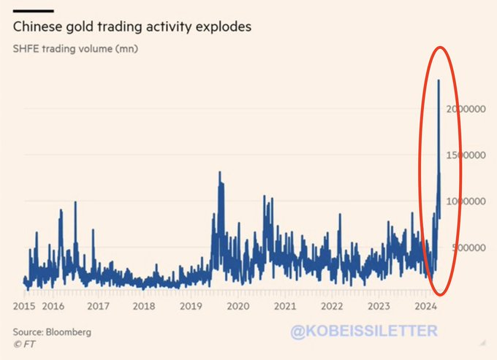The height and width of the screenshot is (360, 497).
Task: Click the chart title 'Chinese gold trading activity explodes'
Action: (132, 27)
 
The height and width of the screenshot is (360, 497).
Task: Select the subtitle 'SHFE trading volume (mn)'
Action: (75, 50)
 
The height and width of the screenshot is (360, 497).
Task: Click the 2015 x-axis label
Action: (25, 306)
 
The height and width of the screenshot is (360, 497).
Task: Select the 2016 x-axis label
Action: (53, 306)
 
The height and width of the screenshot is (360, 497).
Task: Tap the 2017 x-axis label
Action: (99, 306)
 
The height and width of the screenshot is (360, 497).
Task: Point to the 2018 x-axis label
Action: (145, 306)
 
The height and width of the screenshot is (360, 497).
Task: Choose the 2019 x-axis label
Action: (191, 306)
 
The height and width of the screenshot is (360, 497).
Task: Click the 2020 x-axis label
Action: (238, 306)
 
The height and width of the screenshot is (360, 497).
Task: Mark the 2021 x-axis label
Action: (285, 306)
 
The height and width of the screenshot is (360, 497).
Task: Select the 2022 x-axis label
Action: (332, 306)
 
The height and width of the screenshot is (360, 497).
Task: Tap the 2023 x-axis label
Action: (379, 306)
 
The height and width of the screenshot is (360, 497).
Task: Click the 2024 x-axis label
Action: (425, 306)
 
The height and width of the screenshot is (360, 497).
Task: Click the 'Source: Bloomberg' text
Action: (52, 332)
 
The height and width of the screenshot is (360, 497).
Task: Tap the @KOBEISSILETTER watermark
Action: (364, 331)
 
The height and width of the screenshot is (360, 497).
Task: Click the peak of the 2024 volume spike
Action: (438, 80)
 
